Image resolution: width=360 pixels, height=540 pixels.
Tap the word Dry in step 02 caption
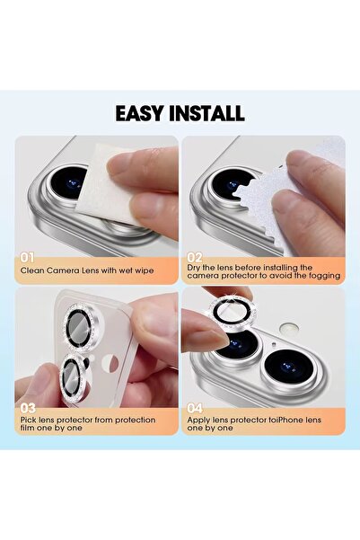195,267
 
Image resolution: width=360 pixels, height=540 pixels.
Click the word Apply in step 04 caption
199,420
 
